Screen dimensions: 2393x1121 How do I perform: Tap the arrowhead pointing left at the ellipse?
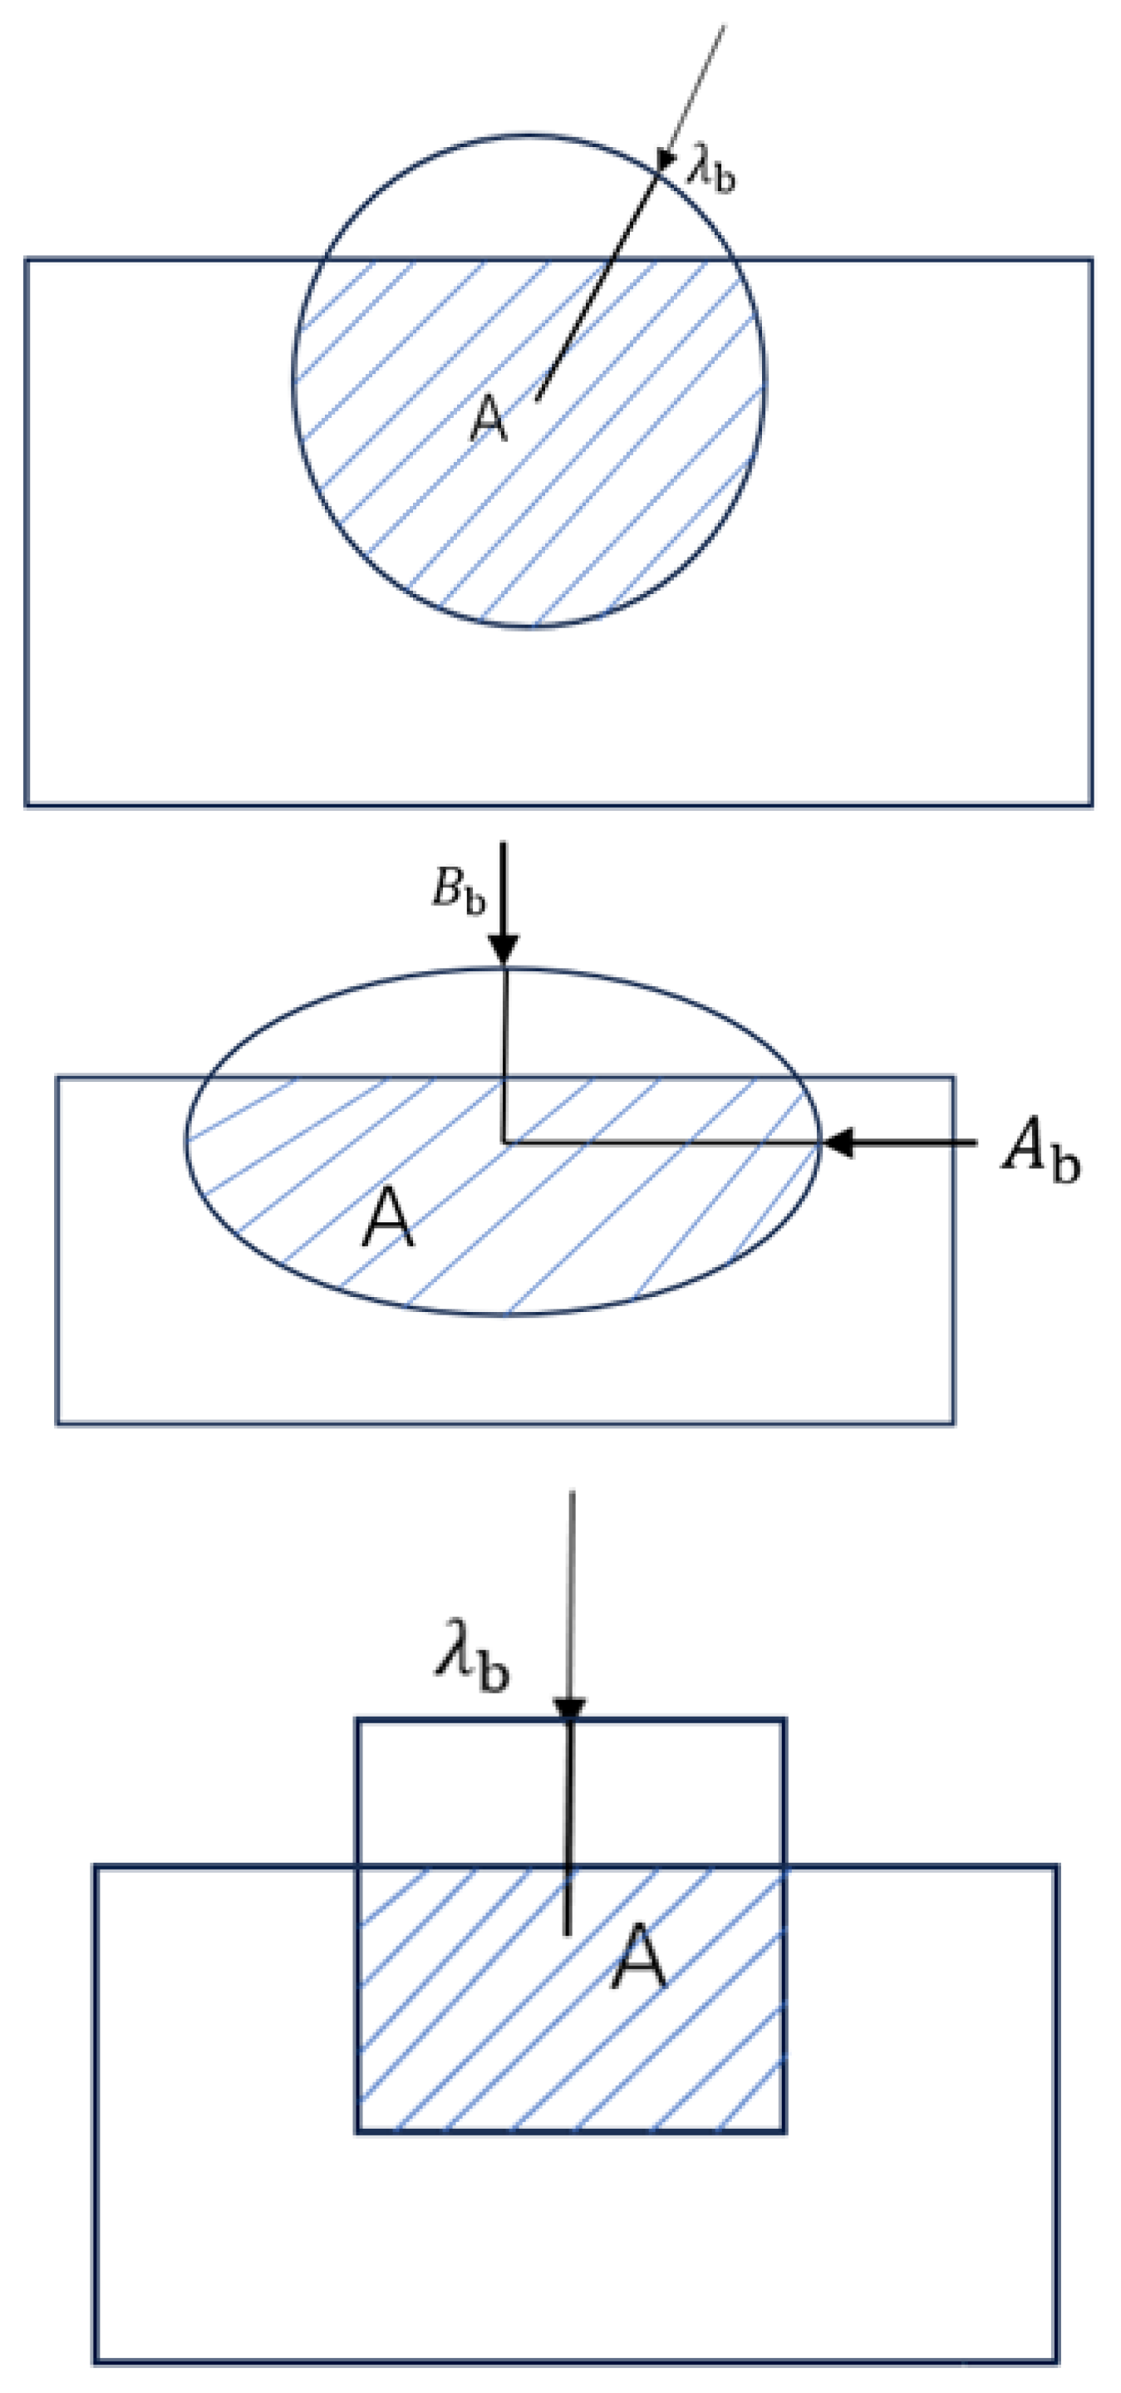point(838,1142)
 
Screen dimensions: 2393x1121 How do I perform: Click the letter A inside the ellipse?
point(388,1218)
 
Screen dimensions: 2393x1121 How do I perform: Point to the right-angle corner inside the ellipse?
point(504,1142)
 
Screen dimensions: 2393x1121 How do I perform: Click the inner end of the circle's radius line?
point(538,400)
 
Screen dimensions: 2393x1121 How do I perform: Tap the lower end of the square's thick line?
point(568,1934)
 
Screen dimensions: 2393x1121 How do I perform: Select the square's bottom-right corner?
point(784,2131)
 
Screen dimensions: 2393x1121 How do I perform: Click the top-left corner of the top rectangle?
point(26,259)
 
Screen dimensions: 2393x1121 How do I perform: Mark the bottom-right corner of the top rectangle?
point(1091,804)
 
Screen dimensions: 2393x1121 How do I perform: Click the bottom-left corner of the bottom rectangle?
point(95,2361)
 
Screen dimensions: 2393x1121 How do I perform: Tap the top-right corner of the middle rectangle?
point(953,1078)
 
